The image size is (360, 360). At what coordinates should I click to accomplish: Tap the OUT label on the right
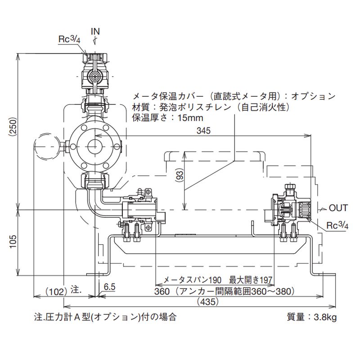pyautogui.click(x=338, y=208)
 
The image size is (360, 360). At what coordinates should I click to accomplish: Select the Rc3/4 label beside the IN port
pyautogui.click(x=69, y=40)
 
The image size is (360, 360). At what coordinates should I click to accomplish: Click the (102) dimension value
pyautogui.click(x=56, y=291)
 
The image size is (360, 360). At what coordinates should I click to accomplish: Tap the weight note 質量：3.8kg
pyautogui.click(x=311, y=317)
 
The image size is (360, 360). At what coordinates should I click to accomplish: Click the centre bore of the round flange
pyautogui.click(x=95, y=146)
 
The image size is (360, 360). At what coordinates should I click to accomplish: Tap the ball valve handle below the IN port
pyautogui.click(x=95, y=77)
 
